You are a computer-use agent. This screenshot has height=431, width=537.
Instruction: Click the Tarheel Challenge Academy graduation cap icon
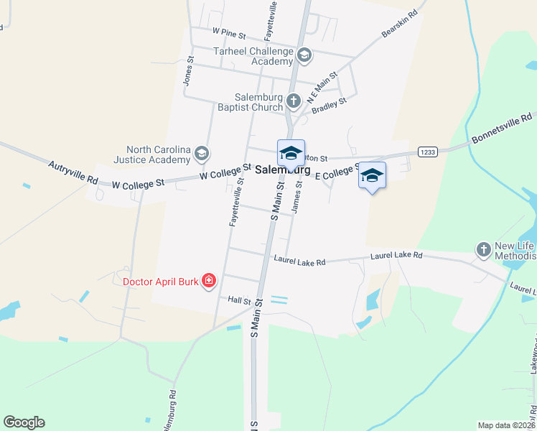click(304, 55)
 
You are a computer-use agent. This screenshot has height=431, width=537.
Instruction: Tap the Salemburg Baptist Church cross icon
click(293, 101)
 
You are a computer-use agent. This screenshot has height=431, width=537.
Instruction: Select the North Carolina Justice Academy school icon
click(202, 152)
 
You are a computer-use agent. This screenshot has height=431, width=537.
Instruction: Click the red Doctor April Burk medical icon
click(209, 281)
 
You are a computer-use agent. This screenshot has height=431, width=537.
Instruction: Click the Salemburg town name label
click(283, 171)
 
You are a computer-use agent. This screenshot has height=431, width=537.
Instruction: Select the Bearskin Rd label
click(399, 24)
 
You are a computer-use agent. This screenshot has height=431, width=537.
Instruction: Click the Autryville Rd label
click(73, 173)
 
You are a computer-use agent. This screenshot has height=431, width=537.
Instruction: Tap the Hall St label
click(239, 300)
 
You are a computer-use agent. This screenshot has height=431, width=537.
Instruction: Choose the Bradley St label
click(330, 106)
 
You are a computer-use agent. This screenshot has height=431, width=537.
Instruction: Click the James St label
click(297, 197)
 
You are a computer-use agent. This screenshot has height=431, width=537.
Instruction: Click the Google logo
click(24, 422)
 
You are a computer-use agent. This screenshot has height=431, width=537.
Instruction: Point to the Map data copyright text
click(507, 425)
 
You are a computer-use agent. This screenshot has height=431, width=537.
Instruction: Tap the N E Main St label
click(322, 86)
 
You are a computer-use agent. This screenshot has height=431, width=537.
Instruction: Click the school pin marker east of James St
click(372, 176)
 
